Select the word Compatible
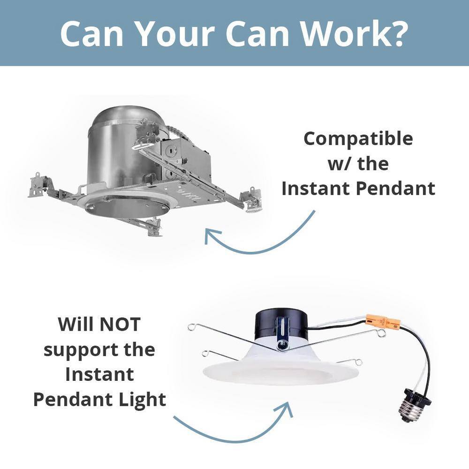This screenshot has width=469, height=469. tap(358, 139)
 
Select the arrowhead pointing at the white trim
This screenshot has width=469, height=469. tap(285, 409)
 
